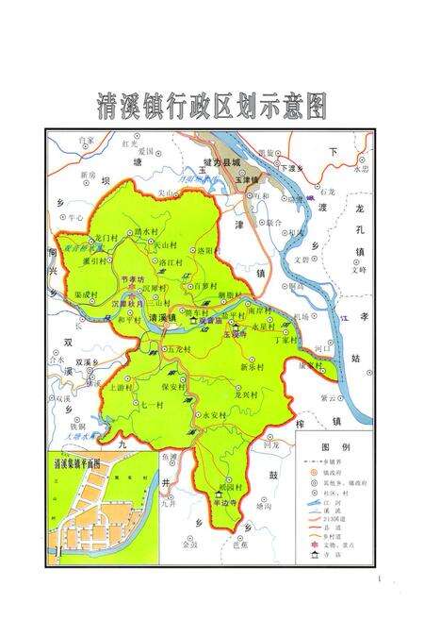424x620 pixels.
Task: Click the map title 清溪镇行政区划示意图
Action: coord(212,108)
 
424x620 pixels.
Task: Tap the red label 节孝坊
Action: coord(133,279)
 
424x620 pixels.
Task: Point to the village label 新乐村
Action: coord(252,366)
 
